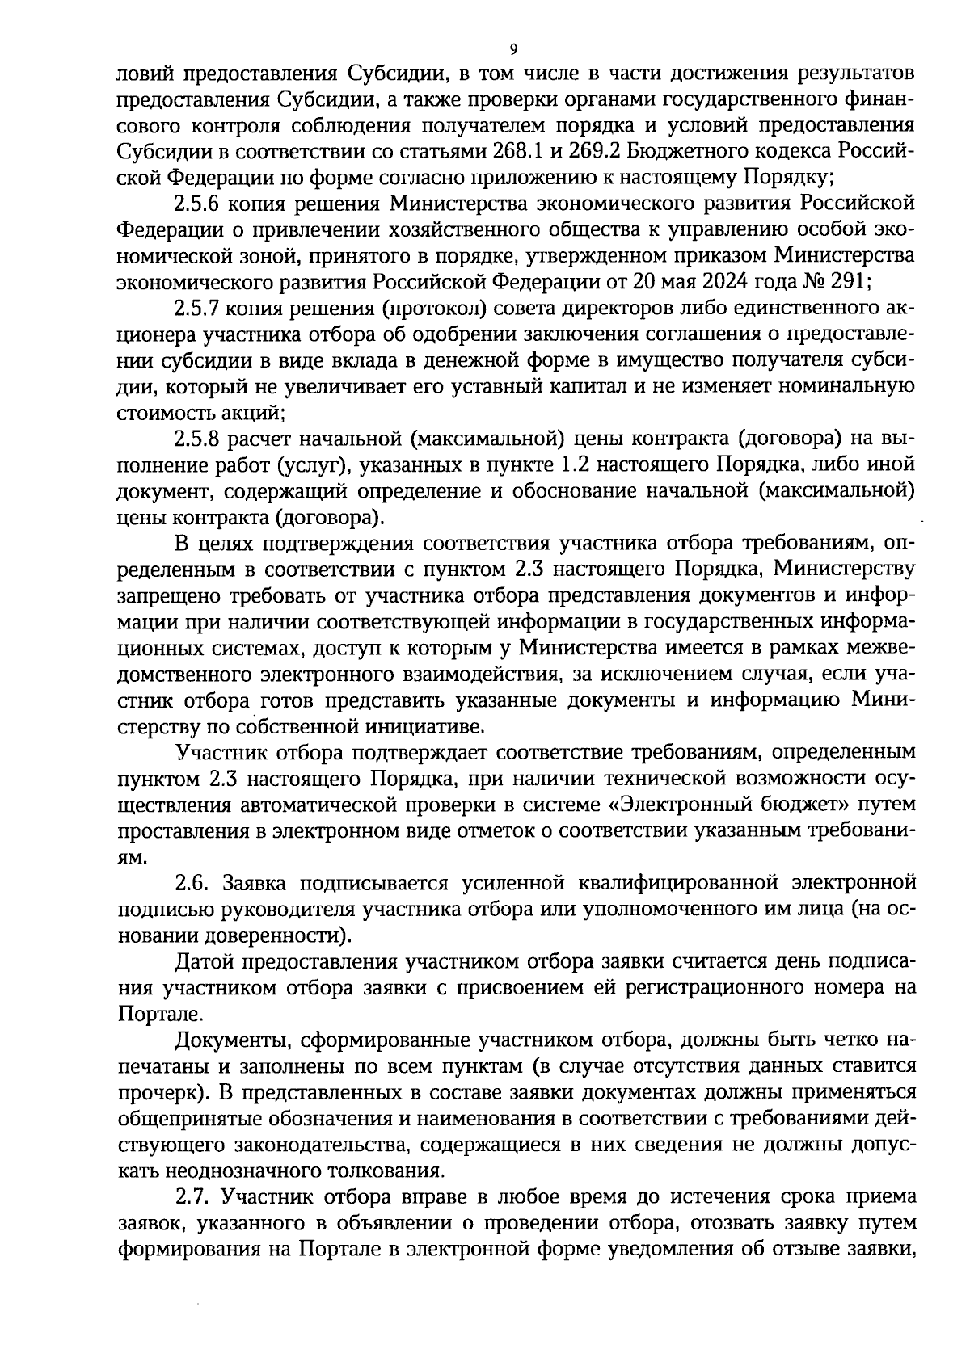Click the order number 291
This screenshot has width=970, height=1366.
tap(847, 282)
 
